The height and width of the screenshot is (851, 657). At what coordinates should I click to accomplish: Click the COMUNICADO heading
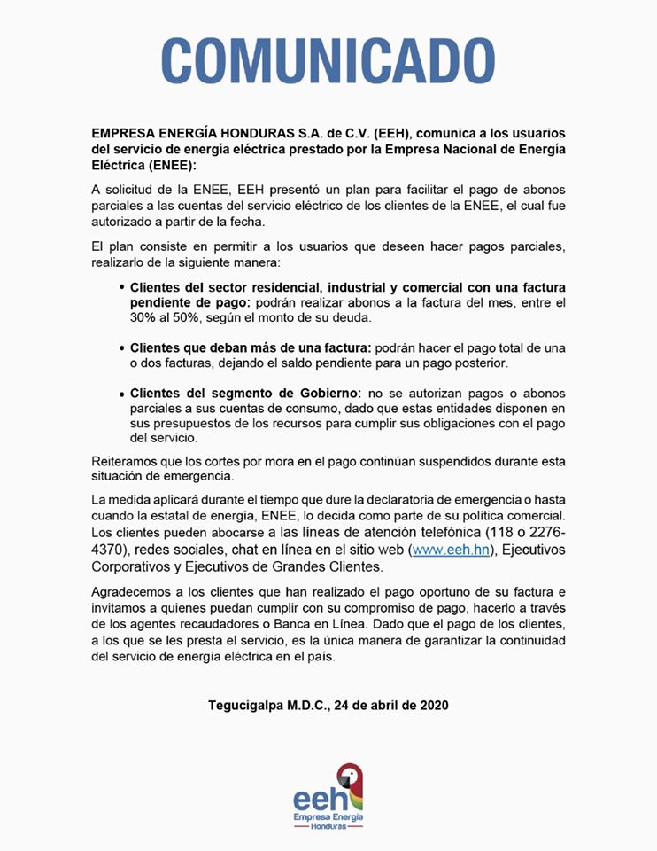[328, 60]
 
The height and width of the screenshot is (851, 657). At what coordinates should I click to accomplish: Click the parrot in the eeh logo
[352, 780]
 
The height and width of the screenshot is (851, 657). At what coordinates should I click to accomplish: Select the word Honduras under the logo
[328, 826]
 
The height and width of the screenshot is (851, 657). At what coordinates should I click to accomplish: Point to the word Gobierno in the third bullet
[320, 393]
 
